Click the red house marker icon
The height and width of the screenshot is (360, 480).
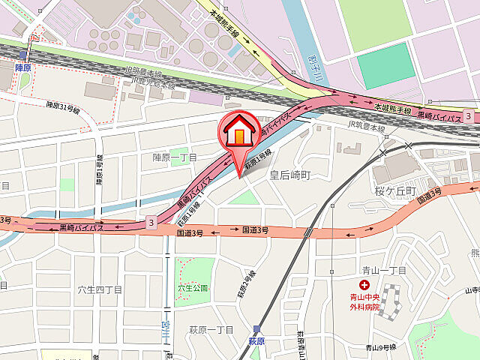tap(238, 133)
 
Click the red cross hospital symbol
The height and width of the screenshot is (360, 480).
tap(364, 285)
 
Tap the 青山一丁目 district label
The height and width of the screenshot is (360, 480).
tap(382, 271)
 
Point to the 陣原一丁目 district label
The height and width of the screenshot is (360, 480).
tap(175, 157)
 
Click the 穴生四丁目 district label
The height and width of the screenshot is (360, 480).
tap(100, 288)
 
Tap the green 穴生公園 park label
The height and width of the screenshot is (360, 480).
tap(192, 287)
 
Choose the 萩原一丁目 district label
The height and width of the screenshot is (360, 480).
tap(211, 330)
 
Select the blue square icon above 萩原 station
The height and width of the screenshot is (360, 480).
tap(257, 328)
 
